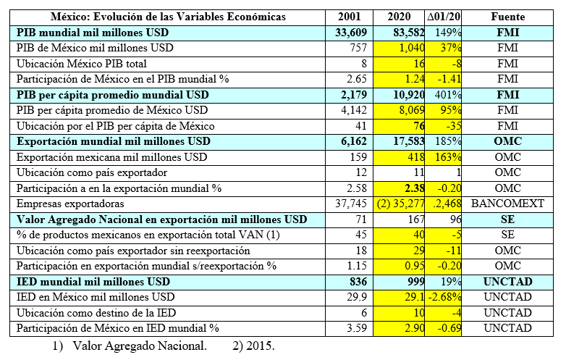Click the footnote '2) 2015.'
coord(253,345)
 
